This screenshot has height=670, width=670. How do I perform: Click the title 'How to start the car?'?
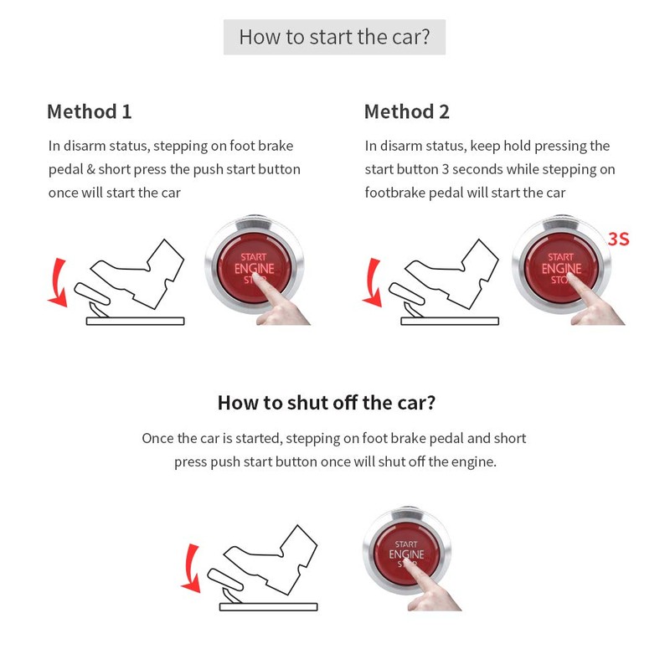click(x=334, y=38)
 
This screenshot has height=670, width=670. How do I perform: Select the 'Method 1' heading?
click(x=89, y=111)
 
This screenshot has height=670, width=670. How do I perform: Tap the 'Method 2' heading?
click(x=406, y=111)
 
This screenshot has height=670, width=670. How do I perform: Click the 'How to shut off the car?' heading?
click(x=326, y=402)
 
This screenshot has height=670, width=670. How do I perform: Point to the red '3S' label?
click(x=618, y=239)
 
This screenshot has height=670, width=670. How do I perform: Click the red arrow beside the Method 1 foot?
click(x=57, y=281)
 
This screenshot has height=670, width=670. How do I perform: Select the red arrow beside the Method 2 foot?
click(x=373, y=281)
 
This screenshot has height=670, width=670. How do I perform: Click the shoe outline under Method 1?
click(x=134, y=272)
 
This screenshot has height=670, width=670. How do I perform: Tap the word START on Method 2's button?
click(x=560, y=257)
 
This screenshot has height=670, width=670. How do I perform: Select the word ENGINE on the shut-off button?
click(x=406, y=554)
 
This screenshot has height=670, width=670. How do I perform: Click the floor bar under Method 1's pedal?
click(x=135, y=321)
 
